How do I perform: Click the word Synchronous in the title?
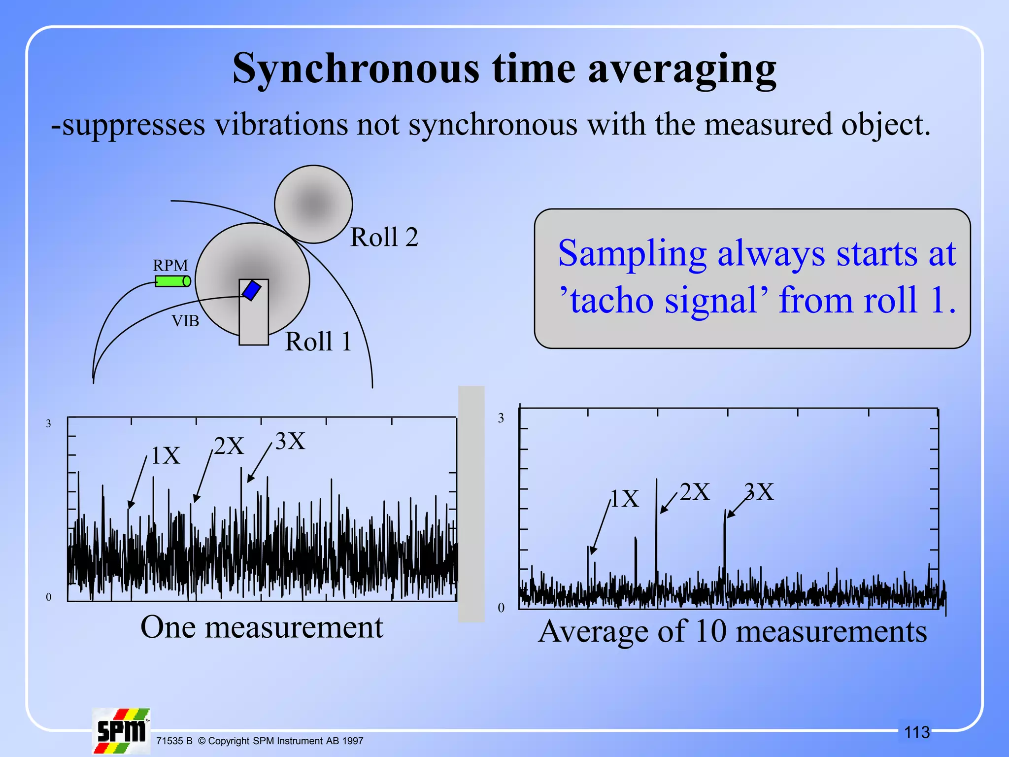click(x=356, y=69)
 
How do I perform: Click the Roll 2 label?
click(x=384, y=237)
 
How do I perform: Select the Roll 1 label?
click(x=318, y=342)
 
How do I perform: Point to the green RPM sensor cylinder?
click(x=172, y=281)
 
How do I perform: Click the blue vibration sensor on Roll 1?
click(x=251, y=290)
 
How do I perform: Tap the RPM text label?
click(x=170, y=265)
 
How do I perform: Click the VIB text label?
click(x=185, y=321)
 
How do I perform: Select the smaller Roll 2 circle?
click(x=313, y=204)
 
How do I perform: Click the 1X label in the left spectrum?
click(x=166, y=455)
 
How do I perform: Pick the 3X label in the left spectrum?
click(x=290, y=441)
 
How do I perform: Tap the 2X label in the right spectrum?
click(x=695, y=492)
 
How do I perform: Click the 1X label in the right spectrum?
click(x=625, y=498)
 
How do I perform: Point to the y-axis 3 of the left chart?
click(x=48, y=423)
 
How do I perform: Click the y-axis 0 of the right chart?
click(x=501, y=608)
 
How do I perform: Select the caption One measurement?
click(x=262, y=627)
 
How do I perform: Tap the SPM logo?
click(x=121, y=731)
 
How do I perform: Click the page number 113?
click(x=917, y=732)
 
